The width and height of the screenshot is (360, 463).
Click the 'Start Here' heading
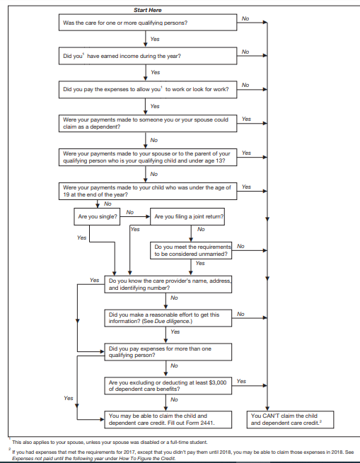[x=148, y=10]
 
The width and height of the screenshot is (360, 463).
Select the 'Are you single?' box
[x=97, y=216]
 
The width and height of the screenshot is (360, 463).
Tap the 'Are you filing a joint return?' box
[x=187, y=216]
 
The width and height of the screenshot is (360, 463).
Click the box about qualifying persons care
[x=148, y=23]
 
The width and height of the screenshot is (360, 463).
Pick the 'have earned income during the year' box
[x=148, y=56]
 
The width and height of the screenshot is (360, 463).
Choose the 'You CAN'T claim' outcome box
[x=290, y=419]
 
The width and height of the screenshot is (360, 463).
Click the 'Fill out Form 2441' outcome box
[x=168, y=419]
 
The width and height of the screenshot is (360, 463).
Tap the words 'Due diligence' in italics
[x=173, y=321]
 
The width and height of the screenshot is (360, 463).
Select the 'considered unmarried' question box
[x=191, y=250]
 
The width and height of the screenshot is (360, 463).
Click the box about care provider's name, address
[x=168, y=284]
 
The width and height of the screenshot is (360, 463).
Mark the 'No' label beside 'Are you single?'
[x=129, y=212]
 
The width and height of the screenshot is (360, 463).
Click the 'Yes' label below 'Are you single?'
[x=81, y=238]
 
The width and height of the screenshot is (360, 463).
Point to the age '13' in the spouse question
[x=222, y=161]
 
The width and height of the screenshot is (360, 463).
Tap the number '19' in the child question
[x=66, y=195]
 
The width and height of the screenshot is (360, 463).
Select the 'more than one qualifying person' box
[x=168, y=352]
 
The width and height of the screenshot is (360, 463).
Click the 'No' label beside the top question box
[x=245, y=18]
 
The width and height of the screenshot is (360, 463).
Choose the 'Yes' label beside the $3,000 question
[x=241, y=381]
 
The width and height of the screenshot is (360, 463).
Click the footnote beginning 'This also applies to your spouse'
[x=110, y=442]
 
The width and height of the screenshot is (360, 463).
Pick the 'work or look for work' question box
[x=148, y=90]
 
